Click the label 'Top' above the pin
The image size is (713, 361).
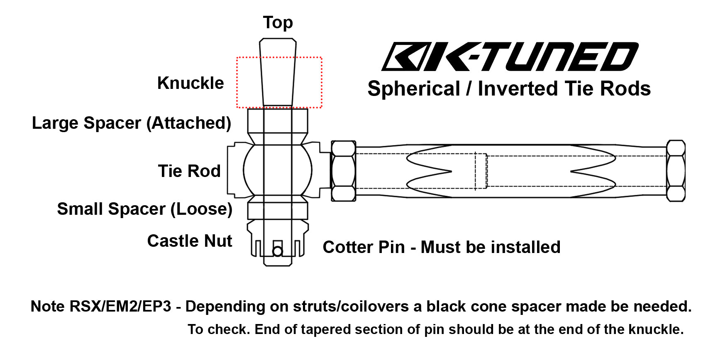click(x=278, y=23)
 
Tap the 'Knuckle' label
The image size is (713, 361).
click(x=190, y=83)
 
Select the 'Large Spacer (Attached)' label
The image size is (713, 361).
click(x=131, y=123)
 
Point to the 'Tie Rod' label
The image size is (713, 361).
click(x=189, y=171)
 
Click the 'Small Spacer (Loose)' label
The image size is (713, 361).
click(x=144, y=209)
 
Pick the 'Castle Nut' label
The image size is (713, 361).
click(x=190, y=241)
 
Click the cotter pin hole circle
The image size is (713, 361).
click(x=277, y=251)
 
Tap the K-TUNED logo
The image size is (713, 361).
click(x=509, y=57)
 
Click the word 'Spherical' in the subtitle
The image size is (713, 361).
click(x=414, y=89)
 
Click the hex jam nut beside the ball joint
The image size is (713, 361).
click(x=343, y=171)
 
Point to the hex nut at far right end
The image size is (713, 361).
click(x=675, y=171)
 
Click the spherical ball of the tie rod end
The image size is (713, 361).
click(x=277, y=169)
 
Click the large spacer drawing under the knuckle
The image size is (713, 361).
click(x=277, y=121)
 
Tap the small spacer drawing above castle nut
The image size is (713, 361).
click(x=277, y=210)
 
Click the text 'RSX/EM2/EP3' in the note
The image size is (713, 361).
click(x=120, y=307)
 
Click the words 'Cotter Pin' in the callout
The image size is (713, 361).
click(x=364, y=247)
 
